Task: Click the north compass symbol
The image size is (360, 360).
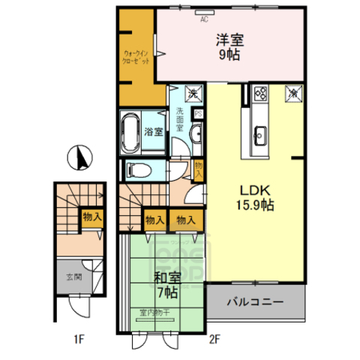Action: (81, 158)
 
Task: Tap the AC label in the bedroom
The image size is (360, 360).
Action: (203, 20)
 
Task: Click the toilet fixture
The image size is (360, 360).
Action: (136, 169)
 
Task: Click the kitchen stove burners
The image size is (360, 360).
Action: (261, 94)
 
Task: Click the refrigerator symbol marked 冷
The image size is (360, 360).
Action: (292, 94)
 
